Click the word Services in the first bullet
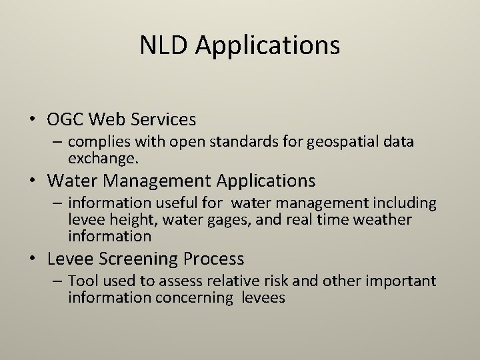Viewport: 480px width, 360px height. pyautogui.click(x=165, y=120)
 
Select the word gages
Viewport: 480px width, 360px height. pyautogui.click(x=231, y=220)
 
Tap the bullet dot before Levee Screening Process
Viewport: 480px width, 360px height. pyautogui.click(x=32, y=259)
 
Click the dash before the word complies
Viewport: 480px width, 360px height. pyautogui.click(x=59, y=142)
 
